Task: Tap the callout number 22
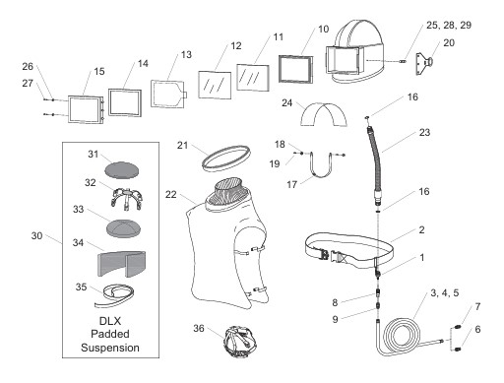click(x=170, y=195)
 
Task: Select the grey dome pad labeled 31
click(x=122, y=170)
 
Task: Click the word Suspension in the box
click(x=110, y=348)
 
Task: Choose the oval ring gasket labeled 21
click(x=225, y=159)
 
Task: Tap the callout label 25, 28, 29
click(x=449, y=25)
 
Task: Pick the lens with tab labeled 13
click(x=168, y=94)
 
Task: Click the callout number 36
click(x=199, y=328)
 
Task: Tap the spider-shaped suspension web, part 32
click(x=126, y=196)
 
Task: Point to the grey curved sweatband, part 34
click(x=121, y=263)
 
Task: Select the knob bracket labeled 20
click(x=424, y=64)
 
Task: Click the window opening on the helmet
click(x=342, y=60)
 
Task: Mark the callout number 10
click(x=323, y=30)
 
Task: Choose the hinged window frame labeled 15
click(x=86, y=109)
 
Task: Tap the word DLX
click(x=110, y=321)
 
